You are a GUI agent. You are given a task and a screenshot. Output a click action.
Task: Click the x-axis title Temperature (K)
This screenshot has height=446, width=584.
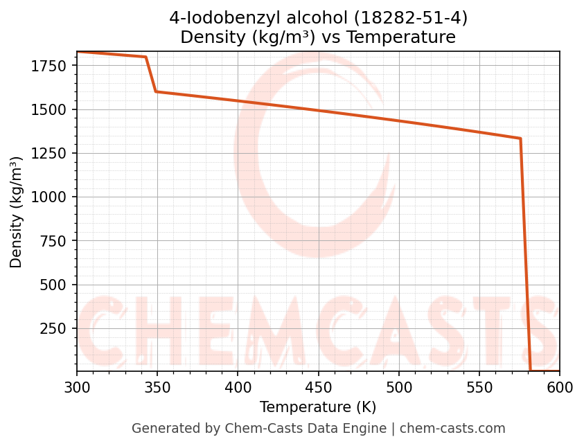[x=318, y=407]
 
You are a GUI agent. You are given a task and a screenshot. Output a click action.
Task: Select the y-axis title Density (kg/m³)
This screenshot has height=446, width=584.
[x=17, y=212]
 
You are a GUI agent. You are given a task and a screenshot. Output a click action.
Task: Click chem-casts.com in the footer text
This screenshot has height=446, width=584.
[x=452, y=429]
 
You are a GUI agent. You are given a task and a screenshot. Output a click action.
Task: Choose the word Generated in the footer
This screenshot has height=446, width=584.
[x=161, y=429]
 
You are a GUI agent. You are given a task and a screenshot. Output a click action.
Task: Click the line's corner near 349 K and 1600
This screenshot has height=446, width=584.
[x=156, y=91]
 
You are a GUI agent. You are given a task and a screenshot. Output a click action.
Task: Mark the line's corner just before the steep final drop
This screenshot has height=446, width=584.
[x=520, y=139]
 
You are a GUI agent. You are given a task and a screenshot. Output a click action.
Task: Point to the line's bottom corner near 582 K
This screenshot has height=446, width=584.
[x=531, y=371]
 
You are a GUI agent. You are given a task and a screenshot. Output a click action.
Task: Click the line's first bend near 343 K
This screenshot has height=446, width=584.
[x=146, y=57]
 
